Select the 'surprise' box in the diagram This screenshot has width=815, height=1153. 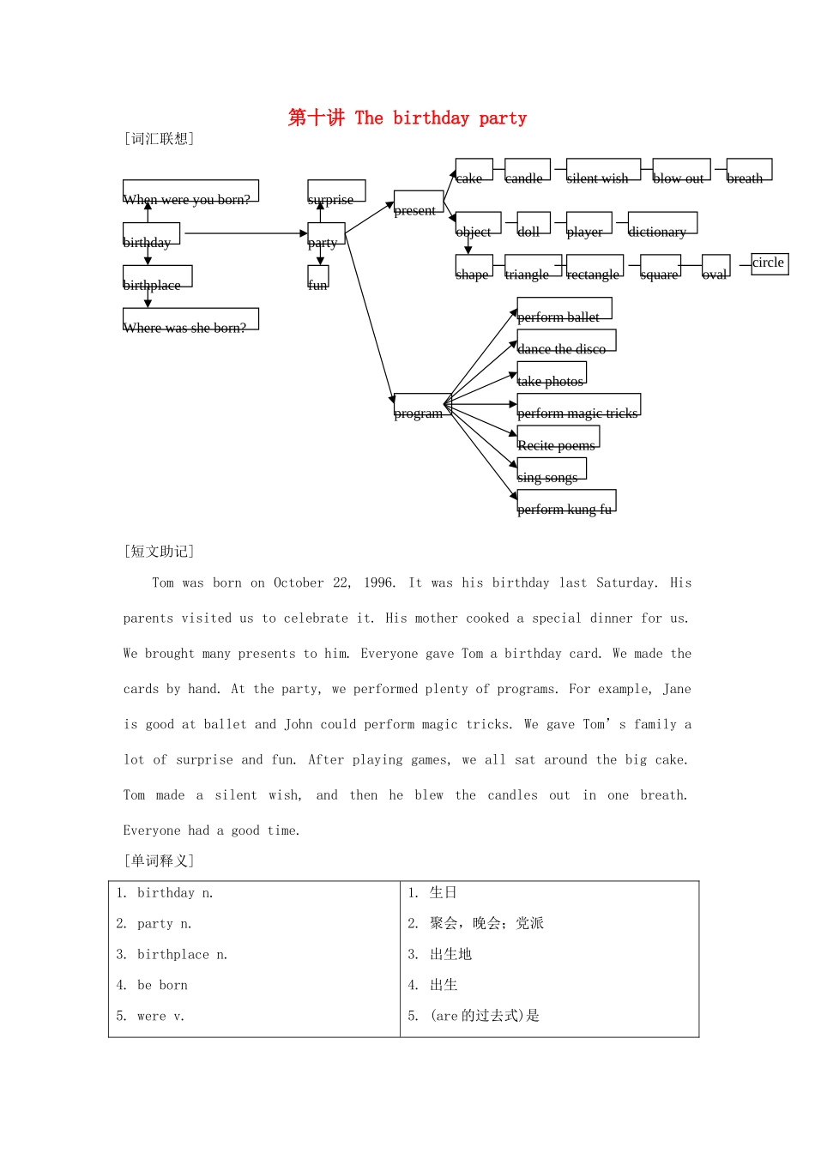pyautogui.click(x=336, y=191)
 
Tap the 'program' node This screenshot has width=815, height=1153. pyautogui.click(x=422, y=404)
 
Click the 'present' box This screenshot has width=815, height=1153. pyautogui.click(x=419, y=202)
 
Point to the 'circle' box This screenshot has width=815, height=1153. pyautogui.click(x=770, y=263)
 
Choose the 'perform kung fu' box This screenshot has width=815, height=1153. pyautogui.click(x=566, y=501)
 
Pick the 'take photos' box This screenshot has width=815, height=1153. pyautogui.click(x=552, y=373)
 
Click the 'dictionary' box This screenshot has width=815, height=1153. pyautogui.click(x=662, y=223)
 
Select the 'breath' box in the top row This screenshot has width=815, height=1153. pyautogui.click(x=749, y=170)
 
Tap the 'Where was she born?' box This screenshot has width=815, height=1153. pyautogui.click(x=190, y=319)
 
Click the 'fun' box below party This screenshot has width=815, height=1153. pyautogui.click(x=318, y=277)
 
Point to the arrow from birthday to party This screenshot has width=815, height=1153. pyautogui.click(x=245, y=233)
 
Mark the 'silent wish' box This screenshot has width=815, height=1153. pyautogui.click(x=603, y=170)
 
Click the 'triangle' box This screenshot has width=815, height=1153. pyautogui.click(x=533, y=266)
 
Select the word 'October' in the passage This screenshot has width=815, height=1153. pyautogui.click(x=299, y=583)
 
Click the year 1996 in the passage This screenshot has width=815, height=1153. pyautogui.click(x=378, y=583)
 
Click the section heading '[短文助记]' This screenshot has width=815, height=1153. pyautogui.click(x=160, y=552)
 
